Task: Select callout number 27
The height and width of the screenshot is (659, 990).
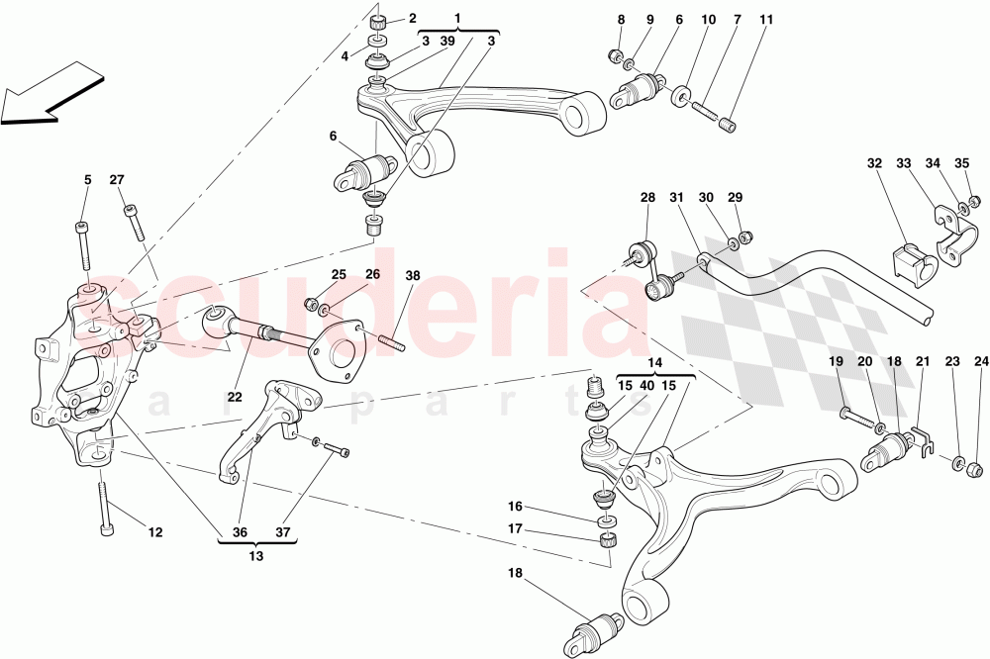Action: pos(117,180)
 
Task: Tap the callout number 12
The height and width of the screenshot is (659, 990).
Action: pos(155,533)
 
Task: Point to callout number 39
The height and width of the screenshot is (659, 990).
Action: pos(446,41)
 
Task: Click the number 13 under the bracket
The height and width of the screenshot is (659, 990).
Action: pos(256,556)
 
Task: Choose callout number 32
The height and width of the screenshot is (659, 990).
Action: pos(874,163)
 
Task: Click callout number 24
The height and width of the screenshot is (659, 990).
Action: pos(981,362)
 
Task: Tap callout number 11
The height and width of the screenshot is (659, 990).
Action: pos(767,20)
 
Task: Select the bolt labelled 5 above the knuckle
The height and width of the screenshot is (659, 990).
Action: pos(84,244)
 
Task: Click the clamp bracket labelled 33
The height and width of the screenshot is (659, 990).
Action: pos(952,237)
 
